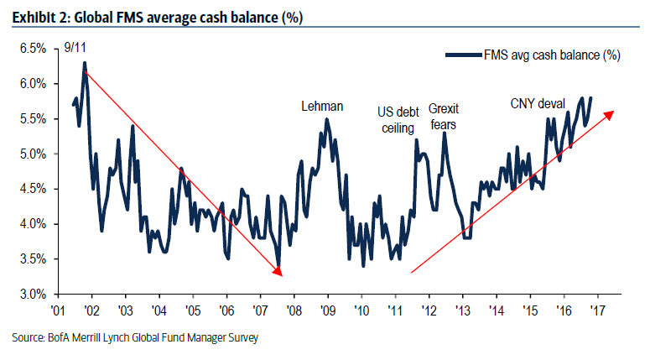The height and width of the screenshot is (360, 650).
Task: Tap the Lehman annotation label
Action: click(x=323, y=106)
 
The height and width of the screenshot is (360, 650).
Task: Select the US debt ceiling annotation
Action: click(x=398, y=119)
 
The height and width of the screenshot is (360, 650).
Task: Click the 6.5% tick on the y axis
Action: click(x=31, y=49)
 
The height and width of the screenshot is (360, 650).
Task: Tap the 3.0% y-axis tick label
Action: click(x=31, y=295)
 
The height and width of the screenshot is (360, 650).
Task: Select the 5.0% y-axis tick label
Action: click(x=31, y=154)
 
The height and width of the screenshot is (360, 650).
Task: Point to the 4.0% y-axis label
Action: click(x=31, y=224)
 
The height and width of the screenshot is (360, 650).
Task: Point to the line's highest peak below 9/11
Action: click(x=85, y=63)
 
